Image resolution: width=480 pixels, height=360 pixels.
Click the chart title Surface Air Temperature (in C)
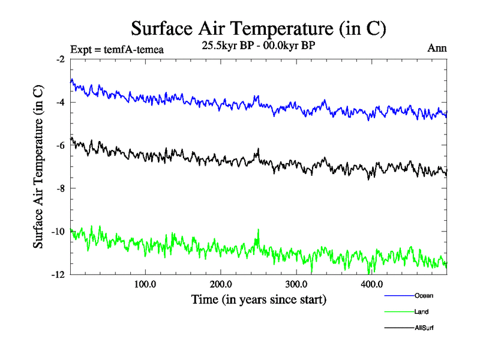pos(258,28)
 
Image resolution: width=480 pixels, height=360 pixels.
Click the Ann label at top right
pos(437,47)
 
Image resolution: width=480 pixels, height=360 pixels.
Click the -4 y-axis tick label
pos(61,102)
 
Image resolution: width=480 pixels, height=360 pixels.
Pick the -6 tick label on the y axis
pos(61,145)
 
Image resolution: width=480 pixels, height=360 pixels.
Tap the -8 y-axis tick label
pos(61,188)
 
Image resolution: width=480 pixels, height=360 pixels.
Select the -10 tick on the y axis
pos(59,232)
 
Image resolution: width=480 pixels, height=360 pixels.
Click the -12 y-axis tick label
pos(59,274)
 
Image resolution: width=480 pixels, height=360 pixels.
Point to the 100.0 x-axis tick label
pos(145,284)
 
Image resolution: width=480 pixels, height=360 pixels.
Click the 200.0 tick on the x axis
pos(221,284)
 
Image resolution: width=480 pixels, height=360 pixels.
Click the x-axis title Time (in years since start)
pos(259,299)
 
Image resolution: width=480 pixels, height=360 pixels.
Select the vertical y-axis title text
pos(38,167)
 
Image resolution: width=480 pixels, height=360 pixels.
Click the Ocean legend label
pos(423,296)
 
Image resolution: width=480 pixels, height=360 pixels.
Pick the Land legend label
pos(421,312)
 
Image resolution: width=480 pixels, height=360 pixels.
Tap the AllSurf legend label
pos(424,328)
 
